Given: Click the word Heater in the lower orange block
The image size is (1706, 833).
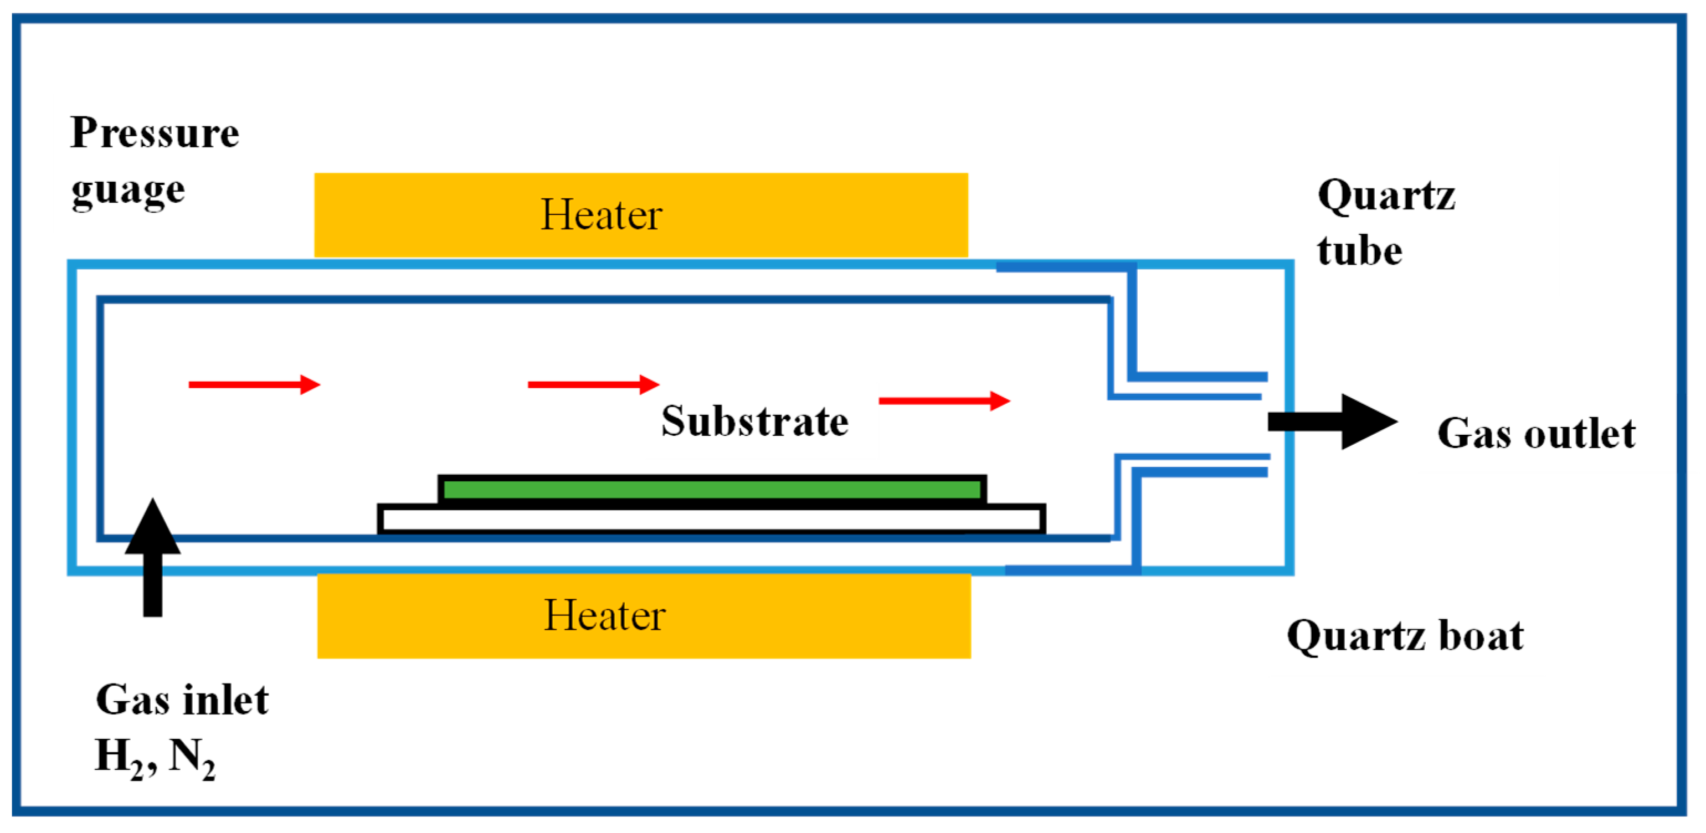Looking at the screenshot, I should click(x=604, y=615).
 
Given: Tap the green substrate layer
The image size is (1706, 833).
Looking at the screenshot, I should click(x=711, y=490).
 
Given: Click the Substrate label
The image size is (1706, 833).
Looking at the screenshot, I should click(x=754, y=421).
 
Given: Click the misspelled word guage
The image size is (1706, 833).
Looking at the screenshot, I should click(x=128, y=192).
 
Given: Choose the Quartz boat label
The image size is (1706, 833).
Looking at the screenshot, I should click(x=1405, y=636).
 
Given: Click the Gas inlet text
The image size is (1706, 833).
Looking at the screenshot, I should click(x=182, y=700).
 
